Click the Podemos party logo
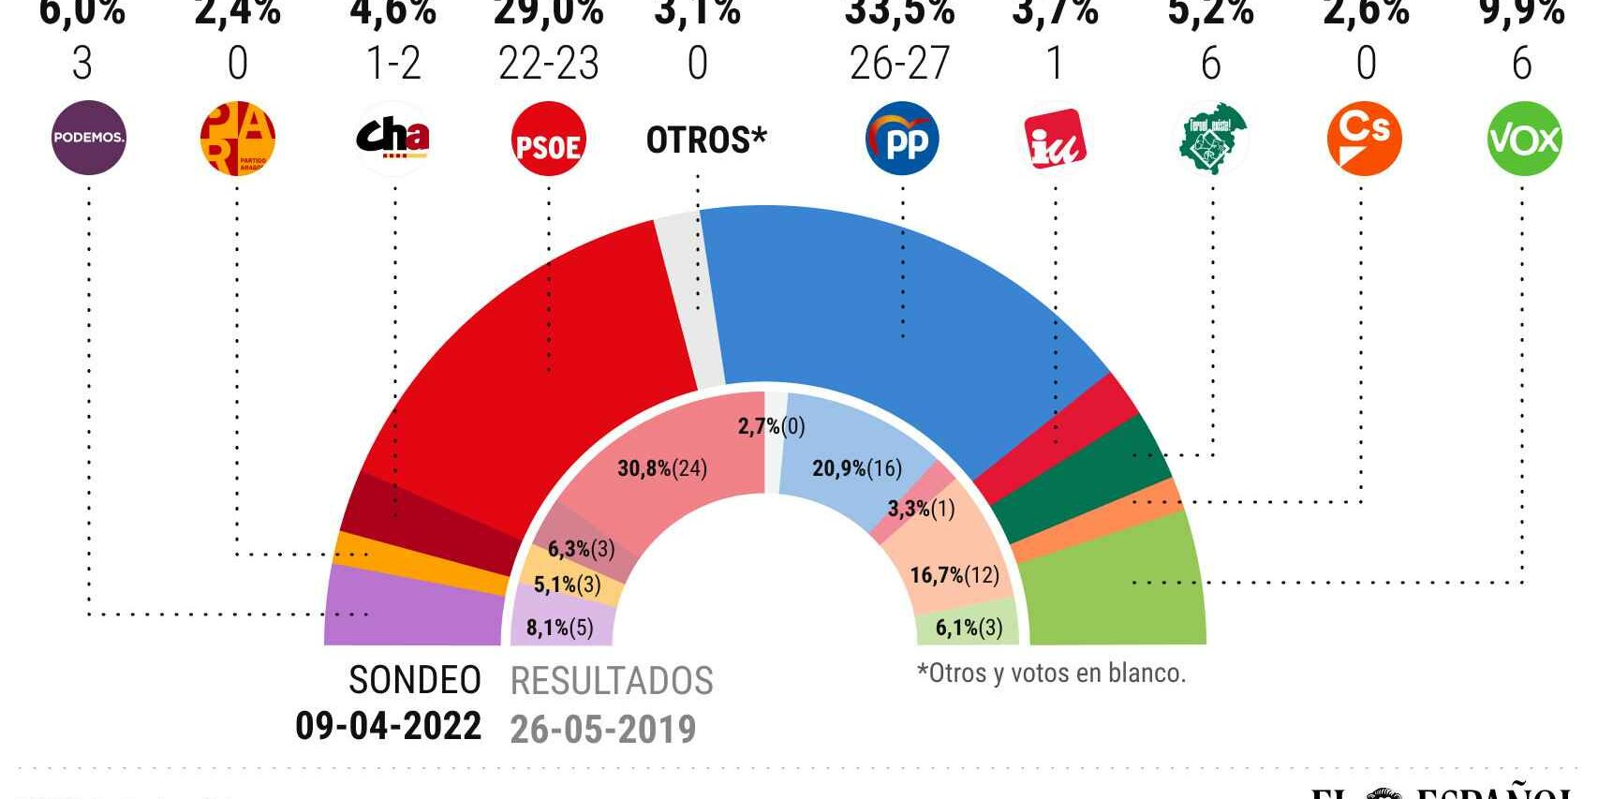point(88,138)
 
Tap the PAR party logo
point(237,138)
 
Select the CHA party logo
point(392,138)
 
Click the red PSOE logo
point(549,140)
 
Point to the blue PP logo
point(901,139)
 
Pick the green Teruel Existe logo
point(1212,139)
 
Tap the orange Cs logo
point(1364,139)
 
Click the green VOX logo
point(1523,139)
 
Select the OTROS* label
point(706,140)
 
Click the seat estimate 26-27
point(899,64)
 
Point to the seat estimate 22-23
point(549,64)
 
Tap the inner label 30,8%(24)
point(662,468)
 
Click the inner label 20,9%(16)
point(857,467)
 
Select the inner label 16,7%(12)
point(954,574)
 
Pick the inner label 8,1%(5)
point(560,627)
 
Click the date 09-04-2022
point(388,726)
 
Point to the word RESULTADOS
point(612,681)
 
